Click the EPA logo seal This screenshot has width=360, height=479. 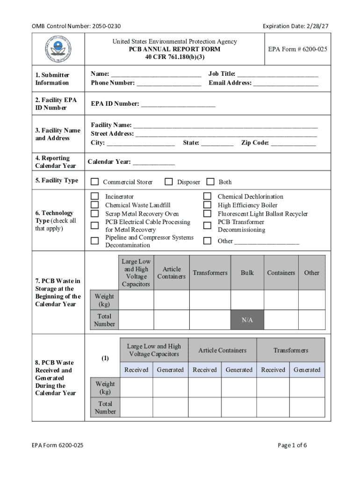58,49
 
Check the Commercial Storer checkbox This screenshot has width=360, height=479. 95,182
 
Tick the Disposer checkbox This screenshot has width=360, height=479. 169,181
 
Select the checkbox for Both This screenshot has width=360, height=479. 210,181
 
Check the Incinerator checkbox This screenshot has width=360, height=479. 95,196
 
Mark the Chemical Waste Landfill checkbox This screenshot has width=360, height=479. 95,205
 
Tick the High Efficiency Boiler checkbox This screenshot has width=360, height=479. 207,205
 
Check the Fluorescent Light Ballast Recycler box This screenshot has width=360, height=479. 207,213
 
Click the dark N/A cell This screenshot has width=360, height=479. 247,320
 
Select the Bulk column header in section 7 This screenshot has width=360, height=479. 247,273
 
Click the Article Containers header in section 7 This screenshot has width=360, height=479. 172,273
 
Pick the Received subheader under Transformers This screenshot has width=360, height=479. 273,370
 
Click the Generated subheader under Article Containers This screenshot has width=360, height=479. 239,370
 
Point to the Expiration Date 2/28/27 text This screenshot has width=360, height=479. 295,26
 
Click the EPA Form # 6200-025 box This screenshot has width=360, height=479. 297,49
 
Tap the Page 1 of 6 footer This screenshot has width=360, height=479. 292,445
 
